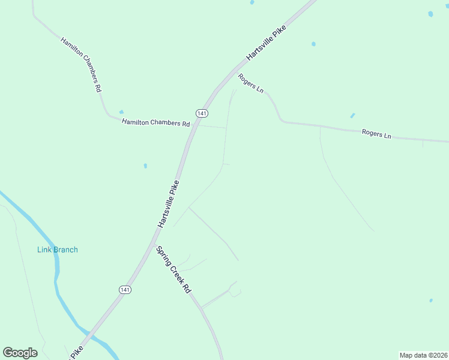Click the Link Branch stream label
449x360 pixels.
pos(57,250)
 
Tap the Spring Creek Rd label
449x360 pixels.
pos(173,269)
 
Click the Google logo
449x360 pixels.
pos(20,353)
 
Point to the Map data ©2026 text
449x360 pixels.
pos(424,355)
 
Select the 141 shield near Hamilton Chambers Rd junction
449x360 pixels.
pos(202,113)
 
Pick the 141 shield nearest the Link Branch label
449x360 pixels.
pos(125,290)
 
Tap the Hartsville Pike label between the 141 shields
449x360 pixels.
pos(169,204)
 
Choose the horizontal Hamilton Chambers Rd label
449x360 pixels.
pos(155,123)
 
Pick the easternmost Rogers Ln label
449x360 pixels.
pos(376,134)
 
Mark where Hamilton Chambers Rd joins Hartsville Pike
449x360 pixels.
pos(194,126)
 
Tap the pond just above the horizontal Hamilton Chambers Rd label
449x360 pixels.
pos(121,112)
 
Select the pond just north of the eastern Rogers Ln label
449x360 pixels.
pos(352,115)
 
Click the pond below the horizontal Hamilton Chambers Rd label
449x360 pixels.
pos(145,166)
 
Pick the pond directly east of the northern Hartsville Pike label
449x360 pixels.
pos(313,44)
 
